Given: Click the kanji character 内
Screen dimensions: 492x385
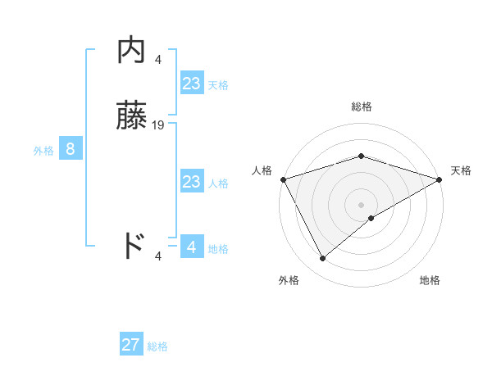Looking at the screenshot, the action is (x=131, y=52).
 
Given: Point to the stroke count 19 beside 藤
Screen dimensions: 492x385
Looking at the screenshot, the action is (x=158, y=125).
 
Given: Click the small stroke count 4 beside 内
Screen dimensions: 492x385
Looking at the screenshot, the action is (x=158, y=59).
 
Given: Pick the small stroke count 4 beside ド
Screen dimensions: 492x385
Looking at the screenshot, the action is (x=158, y=256).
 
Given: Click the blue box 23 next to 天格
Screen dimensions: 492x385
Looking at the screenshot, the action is (x=191, y=84).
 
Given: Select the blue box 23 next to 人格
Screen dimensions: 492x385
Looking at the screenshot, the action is (x=191, y=182).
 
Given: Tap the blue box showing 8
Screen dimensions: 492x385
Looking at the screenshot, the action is (x=71, y=149).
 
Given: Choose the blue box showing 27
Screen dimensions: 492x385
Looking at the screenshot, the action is (x=131, y=345).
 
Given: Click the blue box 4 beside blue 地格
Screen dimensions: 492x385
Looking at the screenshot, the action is (x=191, y=247).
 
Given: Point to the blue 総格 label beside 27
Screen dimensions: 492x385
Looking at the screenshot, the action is (x=157, y=346).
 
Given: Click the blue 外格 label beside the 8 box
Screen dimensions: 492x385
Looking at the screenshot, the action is (x=43, y=151).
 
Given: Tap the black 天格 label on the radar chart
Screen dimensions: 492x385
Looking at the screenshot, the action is (x=461, y=170).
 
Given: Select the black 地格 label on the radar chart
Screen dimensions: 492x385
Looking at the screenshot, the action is (x=430, y=280).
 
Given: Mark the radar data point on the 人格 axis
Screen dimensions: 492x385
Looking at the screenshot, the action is (x=283, y=179).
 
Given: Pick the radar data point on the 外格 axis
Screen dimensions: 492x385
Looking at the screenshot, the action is (x=322, y=259).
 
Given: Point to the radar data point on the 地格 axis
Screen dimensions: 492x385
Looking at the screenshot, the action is (x=371, y=218).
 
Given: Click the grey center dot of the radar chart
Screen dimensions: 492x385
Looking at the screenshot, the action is (x=361, y=204).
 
